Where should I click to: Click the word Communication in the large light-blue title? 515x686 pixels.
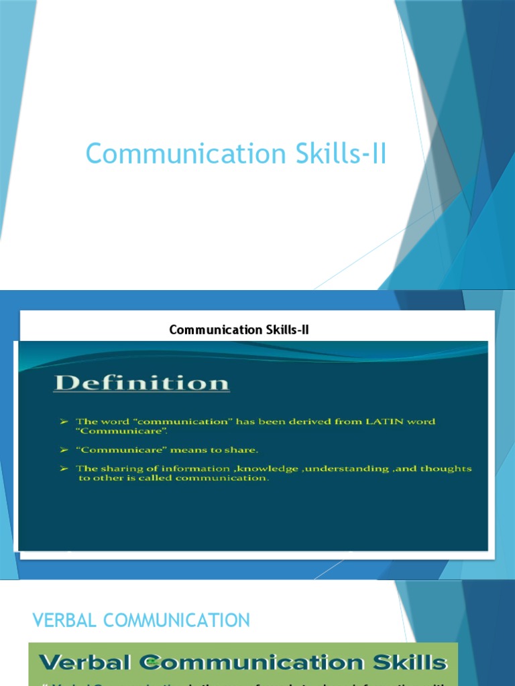point(176,154)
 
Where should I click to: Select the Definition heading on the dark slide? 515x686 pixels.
point(142,383)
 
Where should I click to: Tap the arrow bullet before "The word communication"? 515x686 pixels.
point(64,421)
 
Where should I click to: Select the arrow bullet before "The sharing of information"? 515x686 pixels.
point(64,468)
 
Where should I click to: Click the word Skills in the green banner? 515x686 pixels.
point(410,663)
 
